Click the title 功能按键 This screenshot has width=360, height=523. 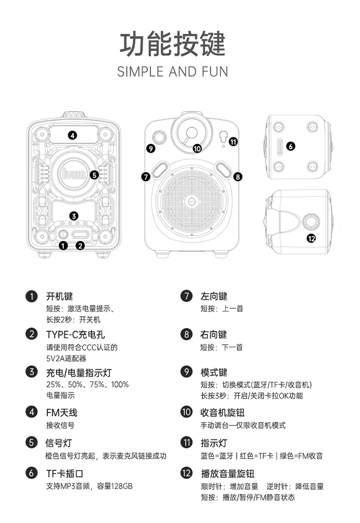click(172, 45)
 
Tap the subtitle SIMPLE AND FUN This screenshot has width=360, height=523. click(172, 72)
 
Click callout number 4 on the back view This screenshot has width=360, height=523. click(72, 135)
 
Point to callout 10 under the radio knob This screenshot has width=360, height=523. click(197, 148)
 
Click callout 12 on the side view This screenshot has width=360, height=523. click(311, 238)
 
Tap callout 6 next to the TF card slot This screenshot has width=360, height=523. click(290, 146)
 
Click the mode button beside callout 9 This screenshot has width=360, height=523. click(158, 137)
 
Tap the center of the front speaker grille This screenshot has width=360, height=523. click(192, 202)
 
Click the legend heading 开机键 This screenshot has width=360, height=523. click(60, 296)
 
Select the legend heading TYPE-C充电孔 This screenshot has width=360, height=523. click(75, 334)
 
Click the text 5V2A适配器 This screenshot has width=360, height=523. click(66, 358)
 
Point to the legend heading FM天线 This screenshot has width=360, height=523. click(61, 412)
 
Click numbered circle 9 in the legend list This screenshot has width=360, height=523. click(186, 372)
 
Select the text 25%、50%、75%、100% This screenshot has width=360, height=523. click(87, 384)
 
